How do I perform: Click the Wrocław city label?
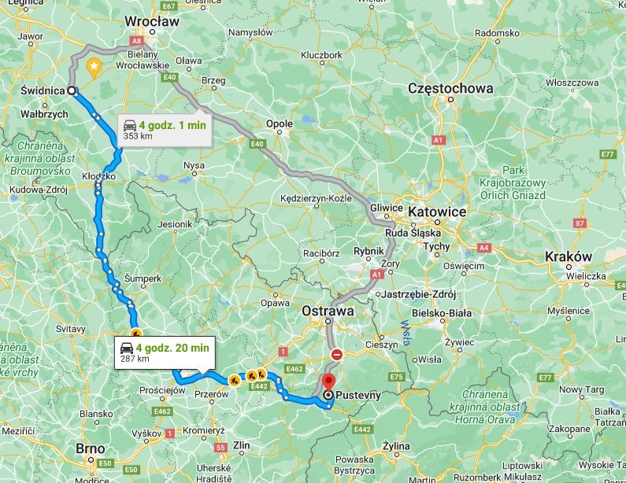click(x=153, y=22)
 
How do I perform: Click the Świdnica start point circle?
click(x=72, y=90)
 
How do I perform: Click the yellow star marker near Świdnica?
click(x=94, y=66)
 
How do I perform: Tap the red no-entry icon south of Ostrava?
click(x=336, y=355)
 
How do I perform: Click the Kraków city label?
click(x=568, y=256)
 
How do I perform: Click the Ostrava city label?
click(x=328, y=312)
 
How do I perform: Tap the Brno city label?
click(x=91, y=448)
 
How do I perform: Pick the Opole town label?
click(x=280, y=124)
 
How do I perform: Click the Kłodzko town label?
click(x=98, y=176)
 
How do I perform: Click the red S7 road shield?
click(x=580, y=223)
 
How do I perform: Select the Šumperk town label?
click(x=143, y=278)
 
